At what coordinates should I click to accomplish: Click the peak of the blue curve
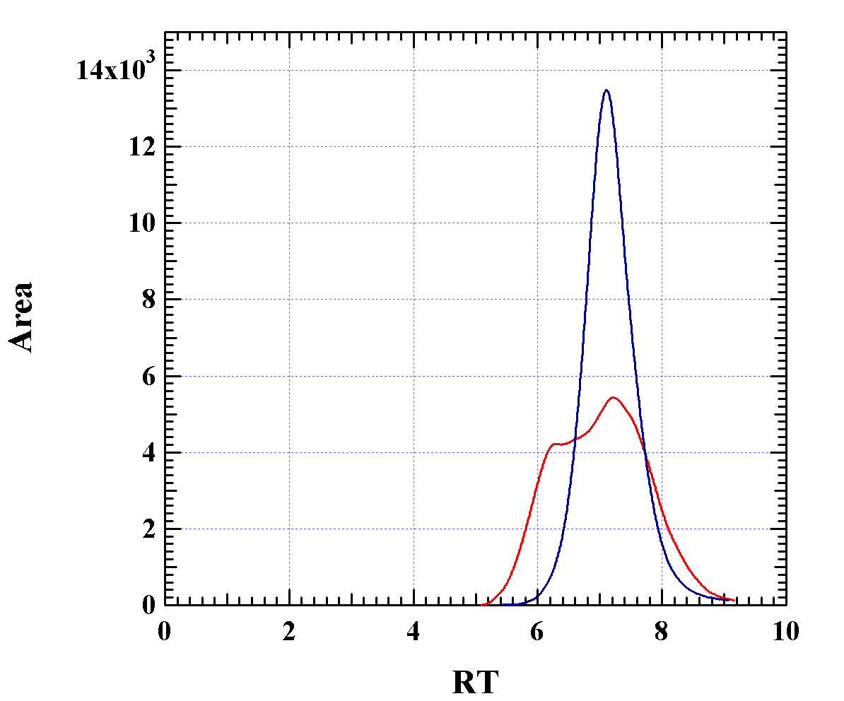(x=606, y=90)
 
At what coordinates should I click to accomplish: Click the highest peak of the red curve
(x=612, y=398)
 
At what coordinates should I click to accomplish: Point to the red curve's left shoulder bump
(x=555, y=444)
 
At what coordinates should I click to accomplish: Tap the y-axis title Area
(x=21, y=317)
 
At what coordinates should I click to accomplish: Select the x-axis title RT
(x=475, y=683)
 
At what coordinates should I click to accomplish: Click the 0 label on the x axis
(x=165, y=630)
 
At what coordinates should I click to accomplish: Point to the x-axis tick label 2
(x=289, y=630)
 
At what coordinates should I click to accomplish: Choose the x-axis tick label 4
(x=414, y=630)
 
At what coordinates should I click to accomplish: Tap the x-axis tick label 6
(x=537, y=630)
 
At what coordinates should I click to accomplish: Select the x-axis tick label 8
(x=662, y=630)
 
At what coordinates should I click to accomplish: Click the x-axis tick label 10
(x=785, y=630)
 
